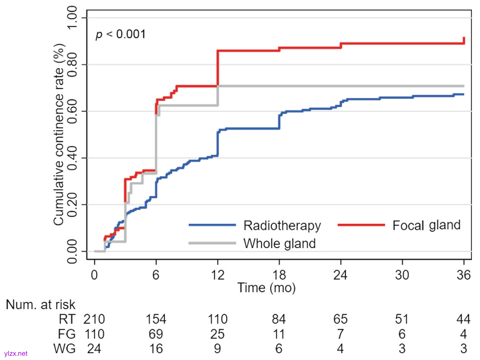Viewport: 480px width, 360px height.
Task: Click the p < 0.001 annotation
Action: [121, 34]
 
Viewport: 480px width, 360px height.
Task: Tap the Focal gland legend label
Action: [426, 225]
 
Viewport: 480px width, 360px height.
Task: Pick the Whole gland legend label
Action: [279, 244]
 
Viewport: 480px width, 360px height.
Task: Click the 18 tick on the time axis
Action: [279, 275]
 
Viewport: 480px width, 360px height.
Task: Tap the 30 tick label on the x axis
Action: [402, 275]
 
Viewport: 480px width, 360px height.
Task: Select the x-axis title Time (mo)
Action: [266, 288]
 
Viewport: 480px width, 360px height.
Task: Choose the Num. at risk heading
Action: [40, 305]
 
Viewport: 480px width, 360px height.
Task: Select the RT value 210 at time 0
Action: [94, 319]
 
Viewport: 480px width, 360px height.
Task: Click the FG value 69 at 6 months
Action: [156, 334]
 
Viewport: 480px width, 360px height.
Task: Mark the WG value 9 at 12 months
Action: [218, 348]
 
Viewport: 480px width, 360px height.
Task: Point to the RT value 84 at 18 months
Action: [279, 319]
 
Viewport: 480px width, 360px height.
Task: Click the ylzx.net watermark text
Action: [16, 354]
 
